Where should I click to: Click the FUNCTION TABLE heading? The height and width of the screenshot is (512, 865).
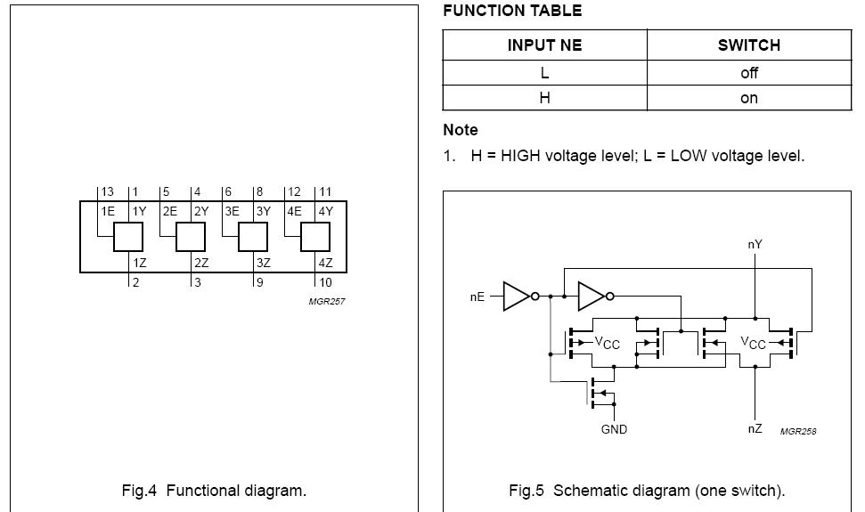[x=512, y=11]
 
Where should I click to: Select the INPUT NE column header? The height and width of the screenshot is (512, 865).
[x=544, y=45]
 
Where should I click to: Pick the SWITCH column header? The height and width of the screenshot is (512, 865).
[x=748, y=45]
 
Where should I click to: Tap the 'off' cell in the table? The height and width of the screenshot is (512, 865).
[x=748, y=72]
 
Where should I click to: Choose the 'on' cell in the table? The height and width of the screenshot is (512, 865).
[x=748, y=98]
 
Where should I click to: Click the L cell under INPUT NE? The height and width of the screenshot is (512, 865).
[x=544, y=72]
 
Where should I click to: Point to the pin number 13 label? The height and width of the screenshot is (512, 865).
[x=108, y=191]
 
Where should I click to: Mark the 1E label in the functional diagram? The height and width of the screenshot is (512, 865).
[x=108, y=212]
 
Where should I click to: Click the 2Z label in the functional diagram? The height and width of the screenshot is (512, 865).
[x=201, y=263]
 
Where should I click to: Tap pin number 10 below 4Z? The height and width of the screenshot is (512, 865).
[x=325, y=283]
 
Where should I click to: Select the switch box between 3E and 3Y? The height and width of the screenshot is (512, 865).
[x=253, y=237]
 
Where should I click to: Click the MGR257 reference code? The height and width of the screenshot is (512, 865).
[x=327, y=301]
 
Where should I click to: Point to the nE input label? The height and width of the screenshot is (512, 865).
[x=477, y=297]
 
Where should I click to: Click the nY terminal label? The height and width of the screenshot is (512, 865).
[x=755, y=244]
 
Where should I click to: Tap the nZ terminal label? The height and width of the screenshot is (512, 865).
[x=755, y=429]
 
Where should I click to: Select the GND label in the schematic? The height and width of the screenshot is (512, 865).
[x=614, y=429]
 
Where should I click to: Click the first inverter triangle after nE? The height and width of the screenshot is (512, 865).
[x=516, y=297]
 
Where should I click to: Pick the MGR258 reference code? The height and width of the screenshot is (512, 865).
[x=798, y=431]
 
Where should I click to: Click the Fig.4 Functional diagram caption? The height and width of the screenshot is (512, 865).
[x=214, y=491]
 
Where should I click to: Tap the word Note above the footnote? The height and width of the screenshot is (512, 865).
[x=461, y=130]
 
